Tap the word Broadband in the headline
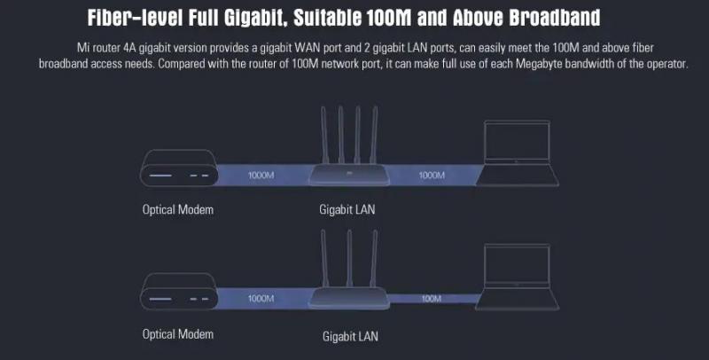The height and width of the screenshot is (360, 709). point(555,18)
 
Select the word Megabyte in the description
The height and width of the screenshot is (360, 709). point(539,64)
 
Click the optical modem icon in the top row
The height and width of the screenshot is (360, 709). point(179,168)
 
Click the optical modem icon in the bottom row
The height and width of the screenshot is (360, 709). point(179,291)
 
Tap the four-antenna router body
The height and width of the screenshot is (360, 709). point(349,174)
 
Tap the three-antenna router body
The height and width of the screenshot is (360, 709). point(349,298)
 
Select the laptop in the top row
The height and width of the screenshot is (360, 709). point(518,153)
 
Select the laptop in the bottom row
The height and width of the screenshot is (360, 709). point(518,277)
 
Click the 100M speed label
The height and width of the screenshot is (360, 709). point(432,299)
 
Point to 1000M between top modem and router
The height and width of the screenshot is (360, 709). point(261,175)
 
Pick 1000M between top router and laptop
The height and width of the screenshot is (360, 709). point(432,175)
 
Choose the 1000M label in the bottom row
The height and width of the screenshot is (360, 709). point(261,299)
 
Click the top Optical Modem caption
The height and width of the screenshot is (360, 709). point(178,210)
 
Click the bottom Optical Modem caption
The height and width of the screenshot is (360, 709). point(178,334)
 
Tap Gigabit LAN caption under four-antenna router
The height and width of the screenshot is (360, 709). point(347,210)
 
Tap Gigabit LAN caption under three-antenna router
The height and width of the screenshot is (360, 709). point(350,336)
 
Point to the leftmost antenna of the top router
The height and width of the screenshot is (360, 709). point(324,135)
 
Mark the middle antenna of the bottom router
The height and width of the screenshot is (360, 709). point(349,258)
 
